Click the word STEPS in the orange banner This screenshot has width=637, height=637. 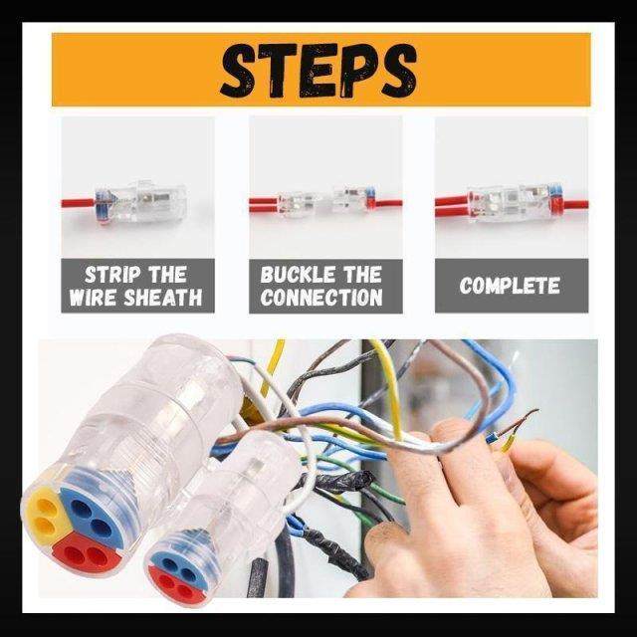point(318,70)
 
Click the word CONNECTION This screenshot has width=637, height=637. point(321,297)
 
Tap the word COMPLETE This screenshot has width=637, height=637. point(510,286)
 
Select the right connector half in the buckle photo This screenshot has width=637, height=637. point(353,199)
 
